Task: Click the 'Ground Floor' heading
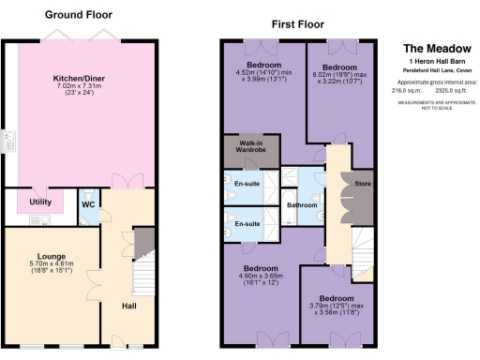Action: pos(76,16)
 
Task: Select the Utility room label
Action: pos(40,202)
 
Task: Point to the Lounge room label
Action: pos(51,255)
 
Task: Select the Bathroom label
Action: pos(302,204)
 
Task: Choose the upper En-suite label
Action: pos(247,183)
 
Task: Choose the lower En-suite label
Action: pos(247,224)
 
